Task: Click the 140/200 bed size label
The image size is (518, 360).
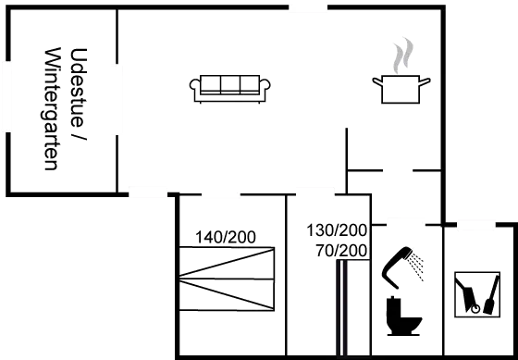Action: click(226, 237)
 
